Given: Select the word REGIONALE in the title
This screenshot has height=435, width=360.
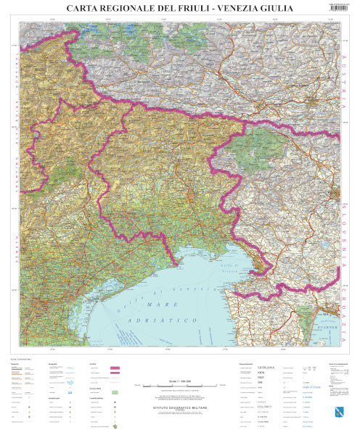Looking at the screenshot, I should pos(132,8).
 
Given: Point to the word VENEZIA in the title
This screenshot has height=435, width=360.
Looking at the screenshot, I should pos(250,8).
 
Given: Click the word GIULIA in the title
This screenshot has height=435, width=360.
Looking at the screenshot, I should pos(293,8).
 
